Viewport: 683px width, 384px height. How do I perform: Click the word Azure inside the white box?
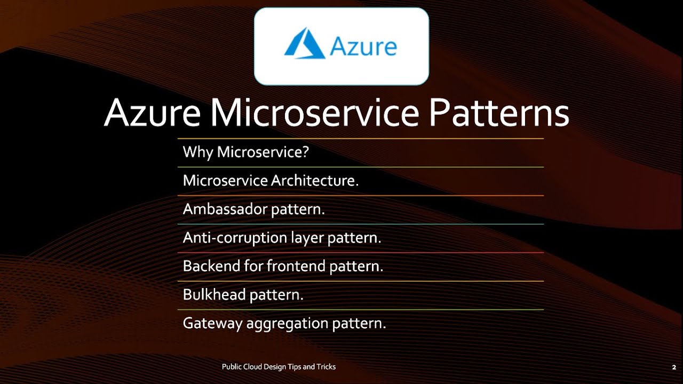coord(363,47)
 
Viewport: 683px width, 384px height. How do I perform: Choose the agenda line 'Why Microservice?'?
coord(246,153)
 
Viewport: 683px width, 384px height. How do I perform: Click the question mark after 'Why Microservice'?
coord(306,153)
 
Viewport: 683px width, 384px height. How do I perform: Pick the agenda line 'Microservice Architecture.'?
coord(271,181)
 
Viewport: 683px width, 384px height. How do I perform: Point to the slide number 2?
coord(674,367)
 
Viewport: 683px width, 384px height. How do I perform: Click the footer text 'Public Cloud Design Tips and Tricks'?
coord(279,367)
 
